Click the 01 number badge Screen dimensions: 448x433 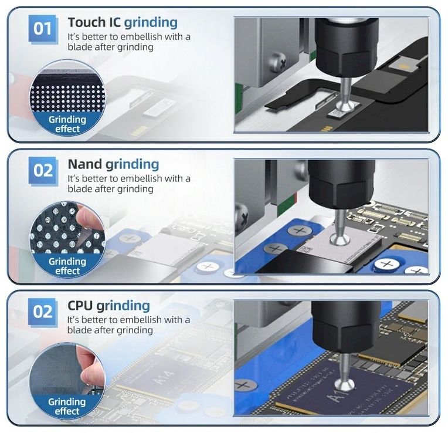(43, 29)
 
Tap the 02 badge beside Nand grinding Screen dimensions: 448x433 (43, 171)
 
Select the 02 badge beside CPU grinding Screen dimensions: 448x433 (43, 312)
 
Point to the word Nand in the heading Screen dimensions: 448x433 (85, 164)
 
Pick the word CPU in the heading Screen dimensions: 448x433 (80, 306)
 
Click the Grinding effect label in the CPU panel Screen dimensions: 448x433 (67, 407)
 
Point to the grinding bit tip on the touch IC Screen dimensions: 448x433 (345, 107)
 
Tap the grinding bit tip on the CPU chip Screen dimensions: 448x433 (345, 385)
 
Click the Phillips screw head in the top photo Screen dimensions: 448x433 (279, 62)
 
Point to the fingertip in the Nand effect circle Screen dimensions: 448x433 (85, 216)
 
